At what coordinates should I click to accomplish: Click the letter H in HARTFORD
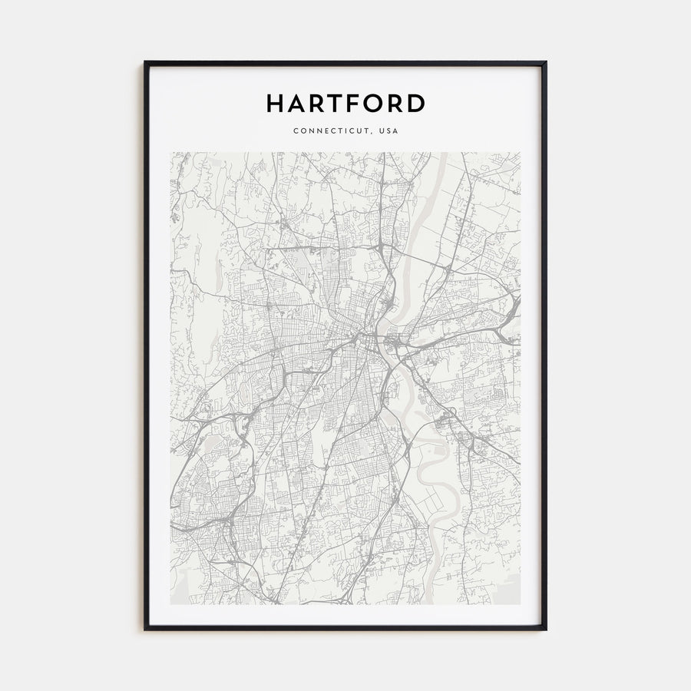[x=276, y=103]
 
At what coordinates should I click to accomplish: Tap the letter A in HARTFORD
[x=298, y=103]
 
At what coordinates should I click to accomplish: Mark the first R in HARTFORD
[x=319, y=103]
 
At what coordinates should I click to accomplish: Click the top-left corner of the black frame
[x=145, y=62]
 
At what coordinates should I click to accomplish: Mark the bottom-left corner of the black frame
[x=145, y=629]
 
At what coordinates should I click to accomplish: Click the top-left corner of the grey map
[x=171, y=153]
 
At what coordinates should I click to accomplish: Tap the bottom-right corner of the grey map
[x=520, y=603]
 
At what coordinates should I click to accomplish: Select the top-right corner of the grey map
[x=520, y=153]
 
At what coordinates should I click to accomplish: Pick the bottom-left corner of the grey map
[x=171, y=603]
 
